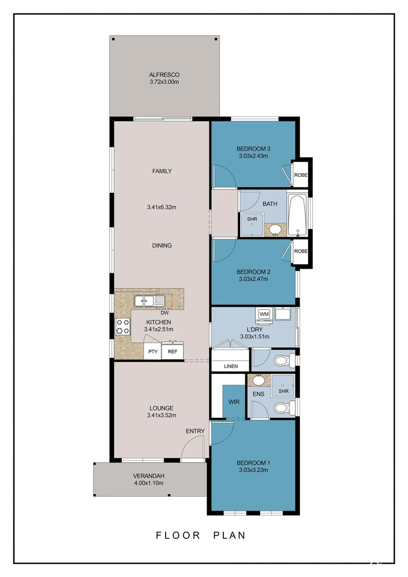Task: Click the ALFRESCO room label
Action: click(164, 75)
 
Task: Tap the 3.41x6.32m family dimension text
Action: click(161, 207)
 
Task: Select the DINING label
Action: click(162, 245)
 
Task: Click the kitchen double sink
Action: click(149, 301)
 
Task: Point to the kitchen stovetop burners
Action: click(123, 326)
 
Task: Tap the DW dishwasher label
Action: click(164, 313)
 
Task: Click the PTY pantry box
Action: click(153, 352)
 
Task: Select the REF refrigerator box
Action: click(172, 352)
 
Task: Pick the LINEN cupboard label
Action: click(231, 366)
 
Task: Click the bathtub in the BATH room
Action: click(297, 215)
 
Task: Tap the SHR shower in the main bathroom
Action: click(252, 224)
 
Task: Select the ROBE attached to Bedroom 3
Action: click(301, 175)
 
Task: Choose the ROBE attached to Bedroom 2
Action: click(301, 251)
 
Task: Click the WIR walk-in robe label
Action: click(234, 402)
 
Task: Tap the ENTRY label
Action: click(195, 431)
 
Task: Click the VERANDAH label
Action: click(148, 476)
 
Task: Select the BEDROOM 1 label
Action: click(254, 463)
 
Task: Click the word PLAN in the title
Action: click(230, 535)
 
